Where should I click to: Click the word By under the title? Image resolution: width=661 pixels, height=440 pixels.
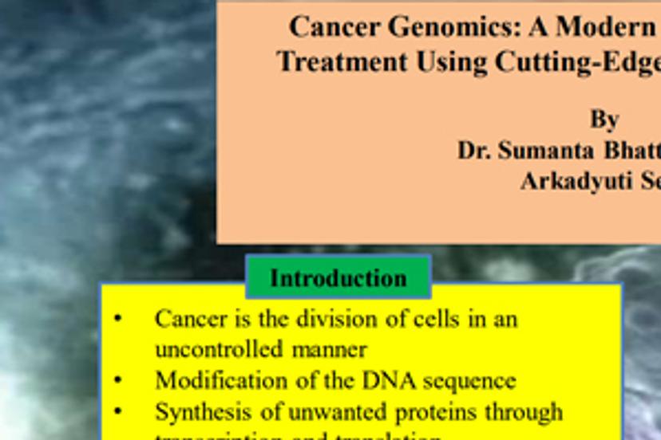click(x=604, y=119)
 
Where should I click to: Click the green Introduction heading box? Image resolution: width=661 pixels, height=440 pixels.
click(x=338, y=278)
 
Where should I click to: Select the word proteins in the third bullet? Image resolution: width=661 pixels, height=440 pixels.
click(x=429, y=412)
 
